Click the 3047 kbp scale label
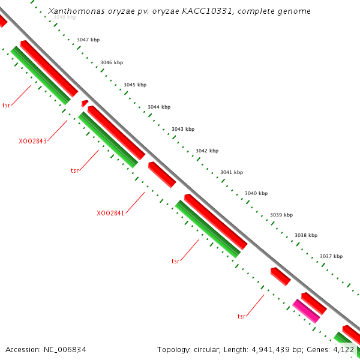coord(88,40)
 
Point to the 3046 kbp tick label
coord(112,62)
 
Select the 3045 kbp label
coord(135,85)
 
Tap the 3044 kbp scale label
coord(159,107)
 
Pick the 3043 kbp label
coord(183,129)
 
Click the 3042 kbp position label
coord(207,151)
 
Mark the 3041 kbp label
coord(232,172)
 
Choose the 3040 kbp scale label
coord(256,193)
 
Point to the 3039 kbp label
coord(281,214)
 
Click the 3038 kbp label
coord(306,235)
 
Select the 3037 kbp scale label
coord(331,256)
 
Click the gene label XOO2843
coord(33,141)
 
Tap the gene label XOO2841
coord(110,213)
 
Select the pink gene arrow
coord(306,311)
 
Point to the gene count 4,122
coord(344,349)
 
